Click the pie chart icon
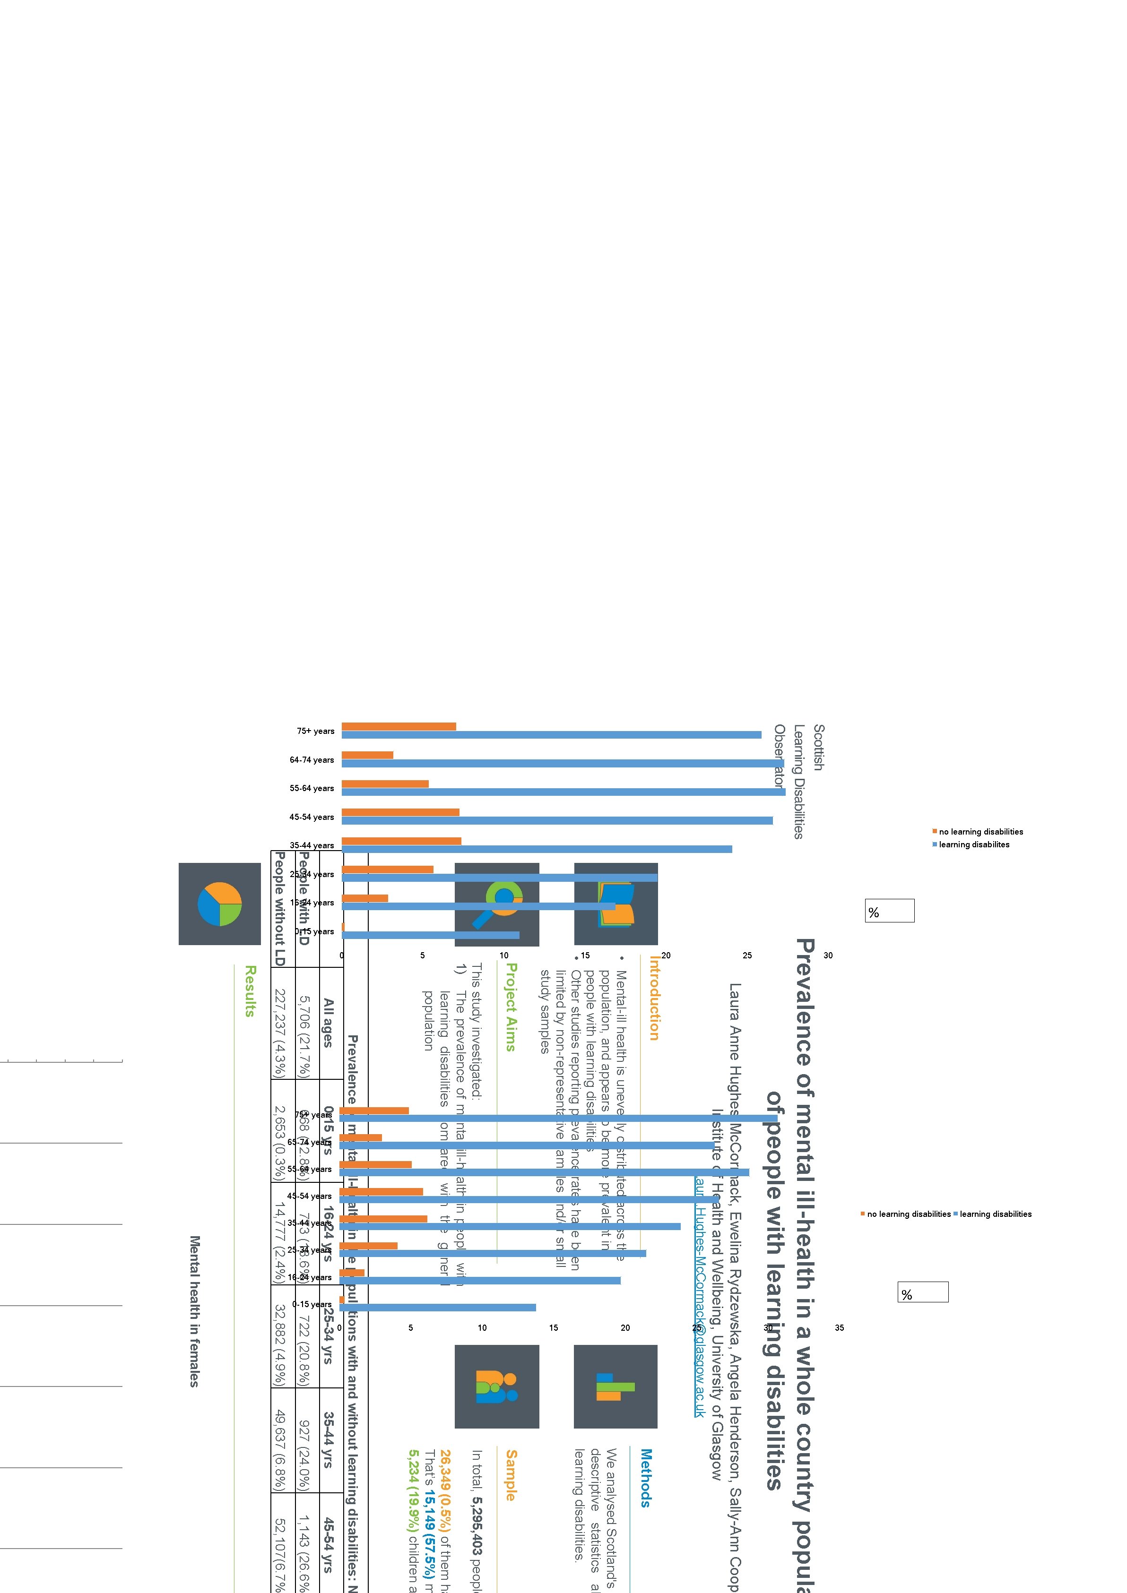point(219,904)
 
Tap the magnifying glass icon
point(497,904)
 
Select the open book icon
point(616,904)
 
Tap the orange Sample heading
point(511,1475)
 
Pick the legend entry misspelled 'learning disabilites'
point(974,844)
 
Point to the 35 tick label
point(839,1327)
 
